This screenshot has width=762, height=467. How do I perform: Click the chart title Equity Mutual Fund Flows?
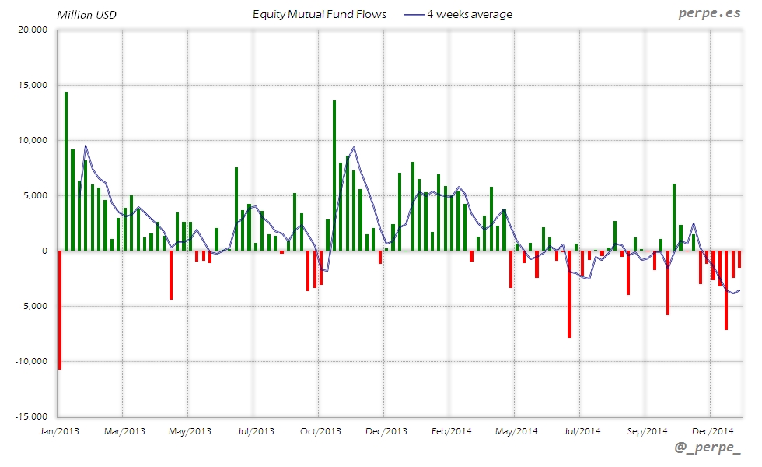tap(320, 15)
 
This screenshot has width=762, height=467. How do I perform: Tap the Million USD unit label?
tap(86, 15)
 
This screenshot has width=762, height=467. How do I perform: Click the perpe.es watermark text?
tap(709, 14)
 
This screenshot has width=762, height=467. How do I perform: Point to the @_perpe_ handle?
tap(708, 450)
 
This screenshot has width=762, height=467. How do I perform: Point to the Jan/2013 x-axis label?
tap(59, 430)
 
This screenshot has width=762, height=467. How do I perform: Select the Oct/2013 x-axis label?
tap(320, 430)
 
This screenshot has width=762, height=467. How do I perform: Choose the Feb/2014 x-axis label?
tap(451, 430)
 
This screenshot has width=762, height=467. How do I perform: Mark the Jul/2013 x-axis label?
tap(255, 430)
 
